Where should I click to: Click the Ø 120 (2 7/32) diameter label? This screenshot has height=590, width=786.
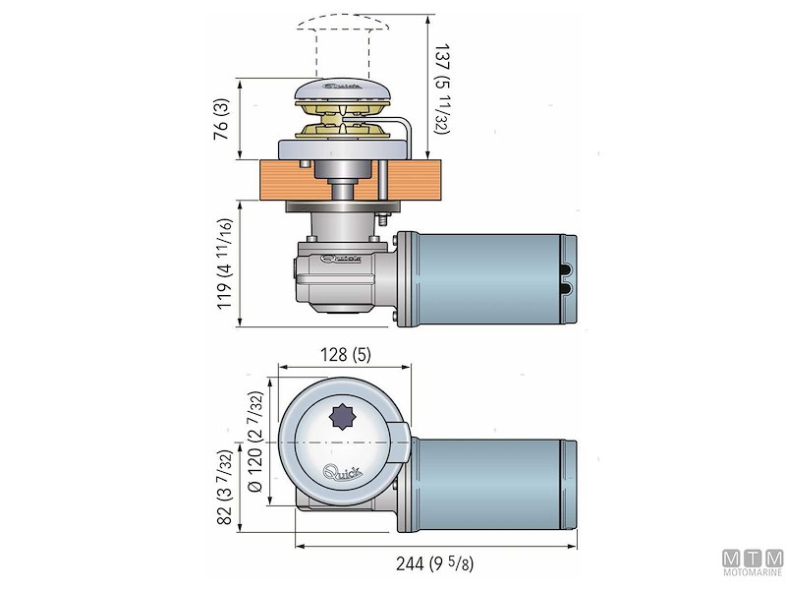click(255, 442)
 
